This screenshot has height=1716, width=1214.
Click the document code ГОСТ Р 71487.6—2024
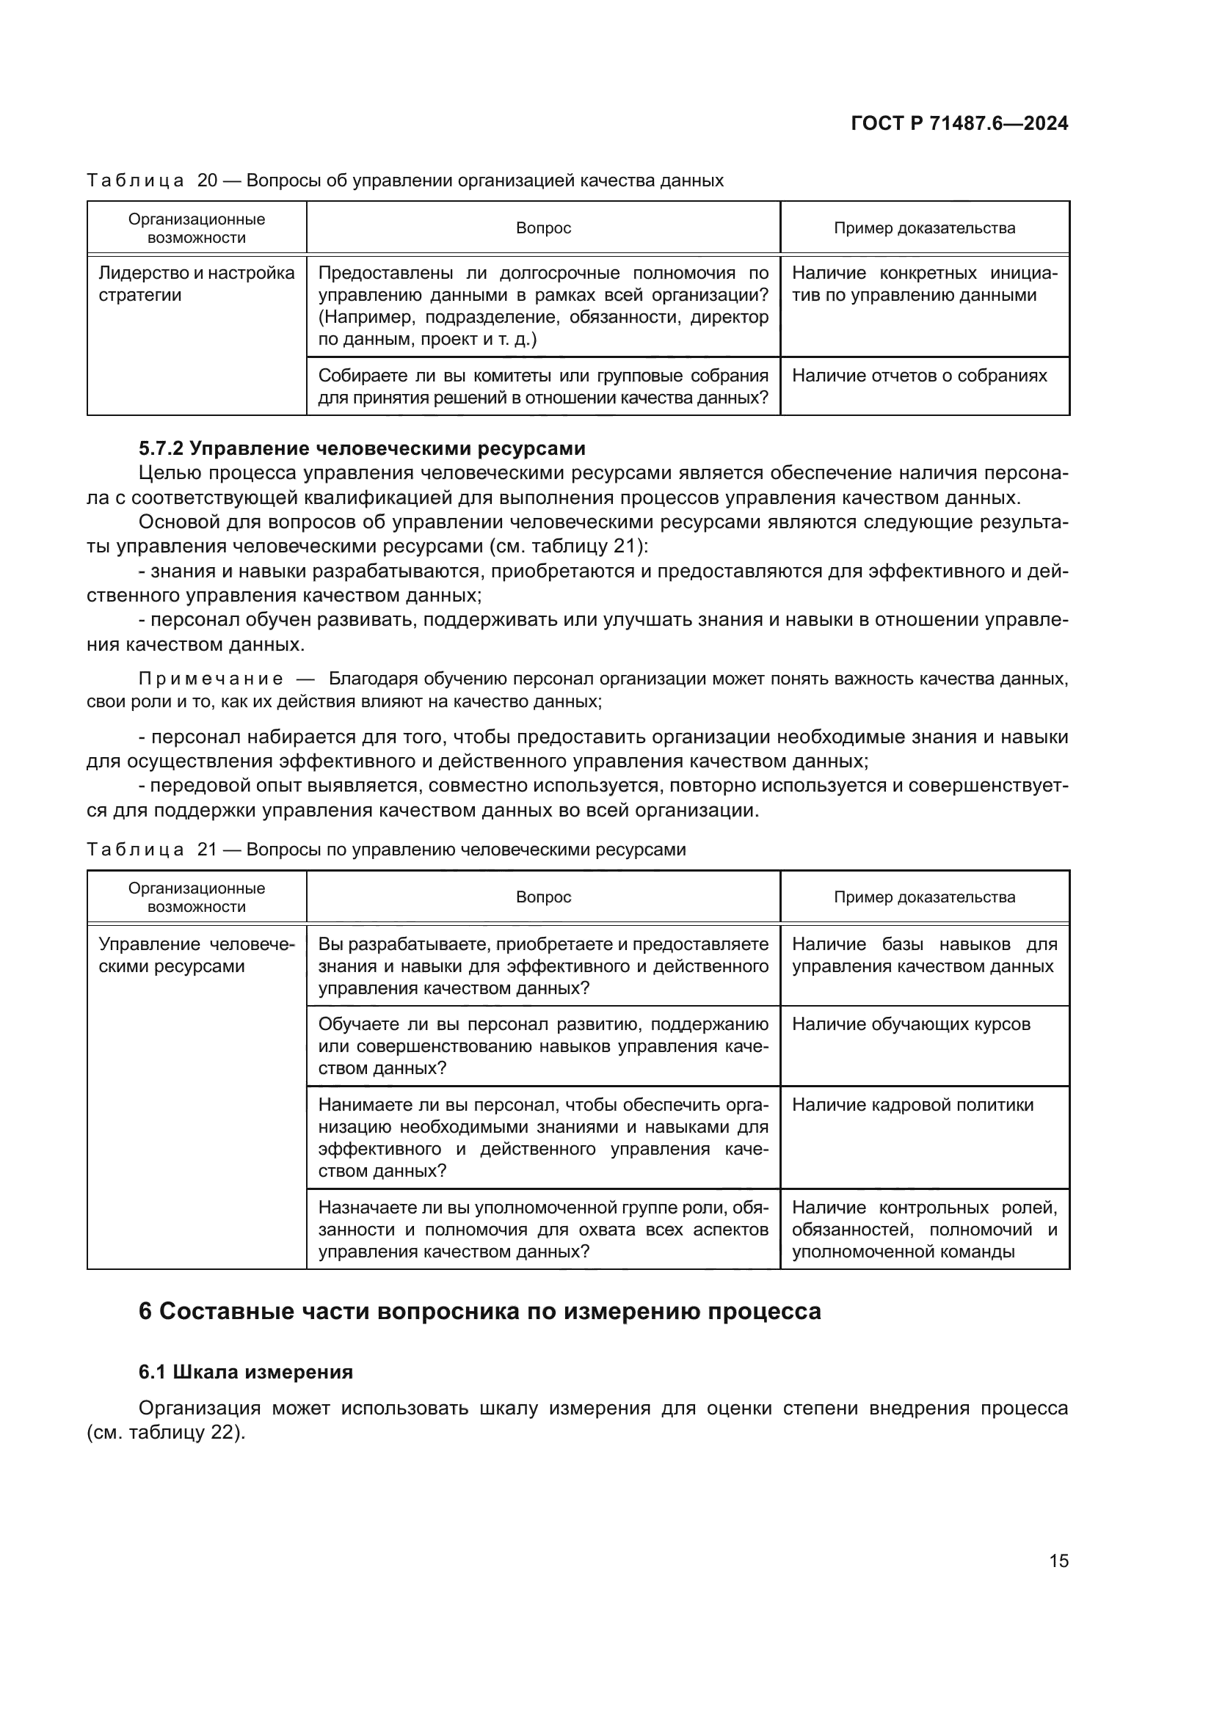click(959, 123)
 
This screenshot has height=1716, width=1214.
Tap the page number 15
click(1058, 1560)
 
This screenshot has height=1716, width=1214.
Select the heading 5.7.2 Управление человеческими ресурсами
click(362, 448)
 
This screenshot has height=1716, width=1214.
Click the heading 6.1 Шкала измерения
click(246, 1371)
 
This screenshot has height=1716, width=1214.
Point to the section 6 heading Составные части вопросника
click(479, 1310)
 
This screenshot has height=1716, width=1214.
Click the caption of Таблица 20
click(404, 180)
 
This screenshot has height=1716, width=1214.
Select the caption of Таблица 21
click(386, 849)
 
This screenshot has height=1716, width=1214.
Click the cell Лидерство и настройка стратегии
click(196, 284)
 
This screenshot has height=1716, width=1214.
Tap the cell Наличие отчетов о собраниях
click(919, 375)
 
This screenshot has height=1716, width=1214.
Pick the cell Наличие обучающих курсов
click(910, 1024)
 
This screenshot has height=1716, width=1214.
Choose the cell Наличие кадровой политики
click(912, 1105)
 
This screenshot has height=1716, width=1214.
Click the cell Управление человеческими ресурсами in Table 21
click(196, 955)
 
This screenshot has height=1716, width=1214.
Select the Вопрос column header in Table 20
click(543, 228)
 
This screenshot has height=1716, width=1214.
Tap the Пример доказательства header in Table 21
click(924, 897)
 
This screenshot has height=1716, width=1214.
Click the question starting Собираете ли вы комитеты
click(542, 387)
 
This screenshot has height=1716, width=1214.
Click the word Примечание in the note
click(211, 679)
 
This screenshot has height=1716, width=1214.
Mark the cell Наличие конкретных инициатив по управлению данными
click(924, 284)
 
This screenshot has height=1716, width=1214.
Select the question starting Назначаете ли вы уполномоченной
click(542, 1229)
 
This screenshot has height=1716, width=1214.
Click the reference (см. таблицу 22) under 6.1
click(166, 1433)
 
